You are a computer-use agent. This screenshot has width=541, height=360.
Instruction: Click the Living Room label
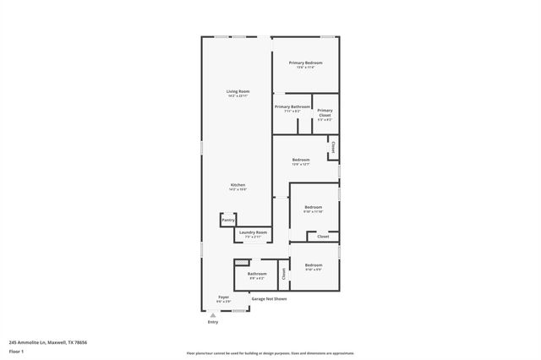click(238, 91)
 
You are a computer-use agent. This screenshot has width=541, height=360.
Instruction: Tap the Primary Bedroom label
click(305, 63)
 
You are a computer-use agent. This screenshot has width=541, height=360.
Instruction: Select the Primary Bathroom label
click(292, 106)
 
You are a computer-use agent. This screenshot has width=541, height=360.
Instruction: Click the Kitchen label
click(238, 185)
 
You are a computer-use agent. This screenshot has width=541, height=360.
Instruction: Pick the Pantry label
click(227, 220)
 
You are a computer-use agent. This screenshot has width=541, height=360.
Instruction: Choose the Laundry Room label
click(253, 232)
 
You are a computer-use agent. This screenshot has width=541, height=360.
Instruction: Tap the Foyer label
click(224, 297)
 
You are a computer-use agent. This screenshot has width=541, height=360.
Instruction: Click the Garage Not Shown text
click(269, 298)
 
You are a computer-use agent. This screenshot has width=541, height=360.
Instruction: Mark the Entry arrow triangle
click(212, 314)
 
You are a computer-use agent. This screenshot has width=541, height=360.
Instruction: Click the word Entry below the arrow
click(212, 322)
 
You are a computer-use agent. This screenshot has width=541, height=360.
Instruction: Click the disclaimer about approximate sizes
click(270, 352)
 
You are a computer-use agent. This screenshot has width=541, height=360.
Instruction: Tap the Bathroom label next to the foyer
click(257, 274)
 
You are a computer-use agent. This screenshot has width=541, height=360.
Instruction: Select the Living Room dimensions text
click(238, 96)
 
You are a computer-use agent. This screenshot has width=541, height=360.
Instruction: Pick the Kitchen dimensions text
click(238, 190)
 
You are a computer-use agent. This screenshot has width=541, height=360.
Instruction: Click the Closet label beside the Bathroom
click(284, 273)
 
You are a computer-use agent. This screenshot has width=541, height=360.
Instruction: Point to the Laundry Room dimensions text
click(253, 237)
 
